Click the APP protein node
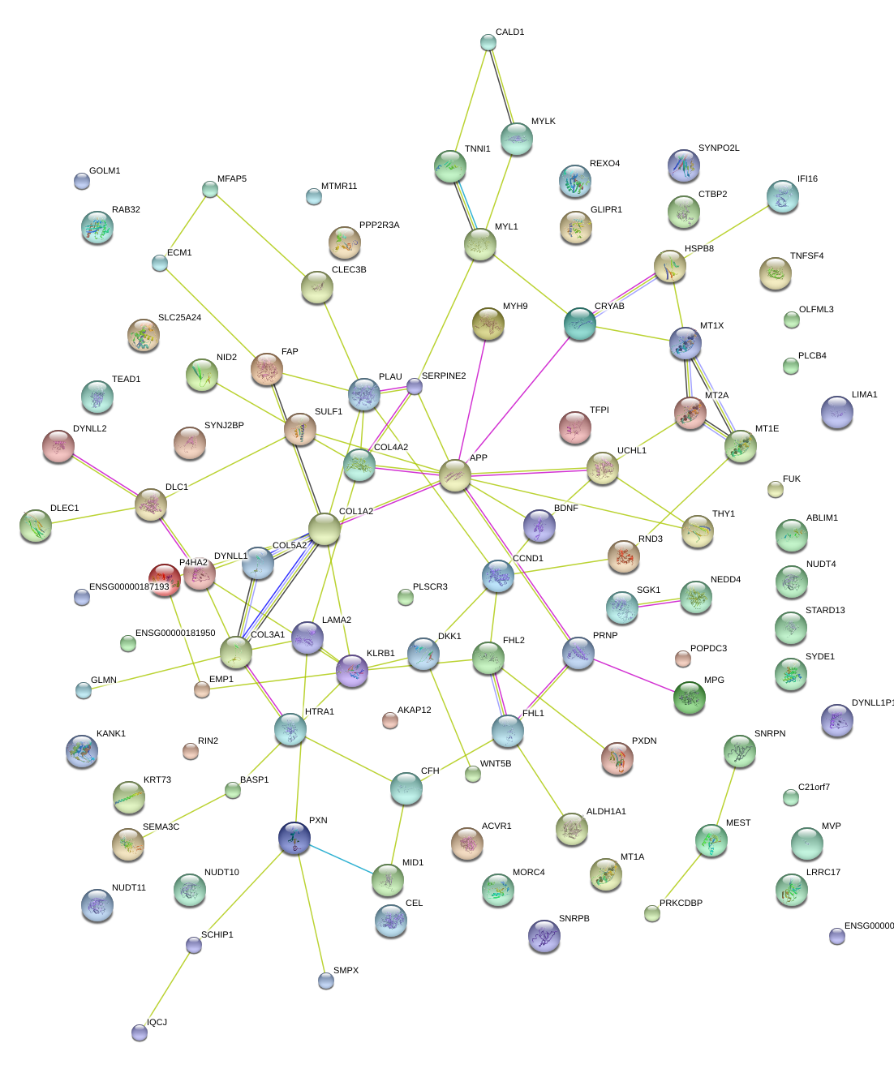pyautogui.click(x=454, y=475)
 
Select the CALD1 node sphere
pyautogui.click(x=488, y=42)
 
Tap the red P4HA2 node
pyautogui.click(x=165, y=580)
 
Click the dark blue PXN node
pyautogui.click(x=294, y=838)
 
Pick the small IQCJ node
pyautogui.click(x=140, y=1033)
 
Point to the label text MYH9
pyautogui.click(x=515, y=306)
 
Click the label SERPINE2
pyautogui.click(x=444, y=376)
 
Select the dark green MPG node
pyautogui.click(x=690, y=698)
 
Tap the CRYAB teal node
pyautogui.click(x=579, y=324)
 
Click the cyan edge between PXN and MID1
pyautogui.click(x=342, y=860)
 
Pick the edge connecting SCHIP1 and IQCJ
pyautogui.click(x=166, y=990)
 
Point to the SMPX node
pyautogui.click(x=325, y=981)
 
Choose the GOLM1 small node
pyautogui.click(x=82, y=181)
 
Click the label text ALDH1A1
pyautogui.click(x=606, y=811)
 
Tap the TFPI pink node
pyautogui.click(x=575, y=427)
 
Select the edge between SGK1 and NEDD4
pyautogui.click(x=659, y=603)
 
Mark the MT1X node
pyautogui.click(x=685, y=344)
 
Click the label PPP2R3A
pyautogui.click(x=380, y=225)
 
